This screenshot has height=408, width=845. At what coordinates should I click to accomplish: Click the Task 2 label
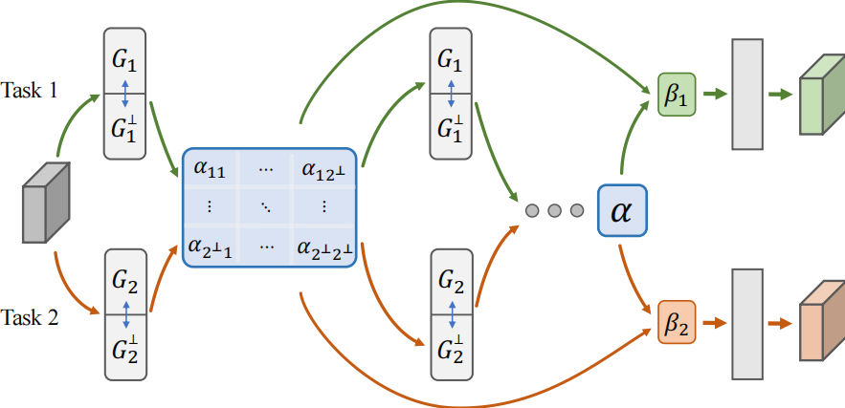(31, 317)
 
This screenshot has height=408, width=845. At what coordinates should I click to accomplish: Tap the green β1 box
(677, 95)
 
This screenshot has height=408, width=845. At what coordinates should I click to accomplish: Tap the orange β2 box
(677, 322)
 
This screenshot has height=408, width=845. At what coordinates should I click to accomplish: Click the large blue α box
(623, 209)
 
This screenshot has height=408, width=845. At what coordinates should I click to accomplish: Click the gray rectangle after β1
(747, 94)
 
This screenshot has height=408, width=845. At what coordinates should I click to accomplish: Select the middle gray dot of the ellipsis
(553, 209)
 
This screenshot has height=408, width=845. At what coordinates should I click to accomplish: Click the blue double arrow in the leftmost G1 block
(124, 94)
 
